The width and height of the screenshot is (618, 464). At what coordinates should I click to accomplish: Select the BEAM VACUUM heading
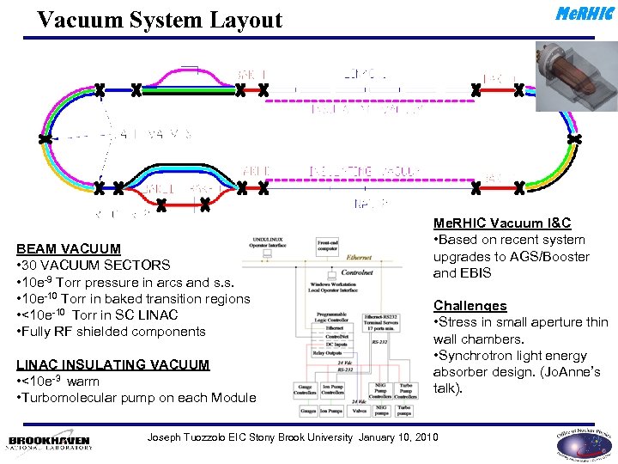click(69, 249)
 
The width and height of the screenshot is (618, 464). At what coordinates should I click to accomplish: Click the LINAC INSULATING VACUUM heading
click(112, 364)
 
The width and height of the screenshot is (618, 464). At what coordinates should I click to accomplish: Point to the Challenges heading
click(470, 306)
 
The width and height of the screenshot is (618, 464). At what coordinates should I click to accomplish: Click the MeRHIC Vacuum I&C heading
click(502, 223)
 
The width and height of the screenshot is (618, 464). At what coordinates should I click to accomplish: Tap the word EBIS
click(474, 273)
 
